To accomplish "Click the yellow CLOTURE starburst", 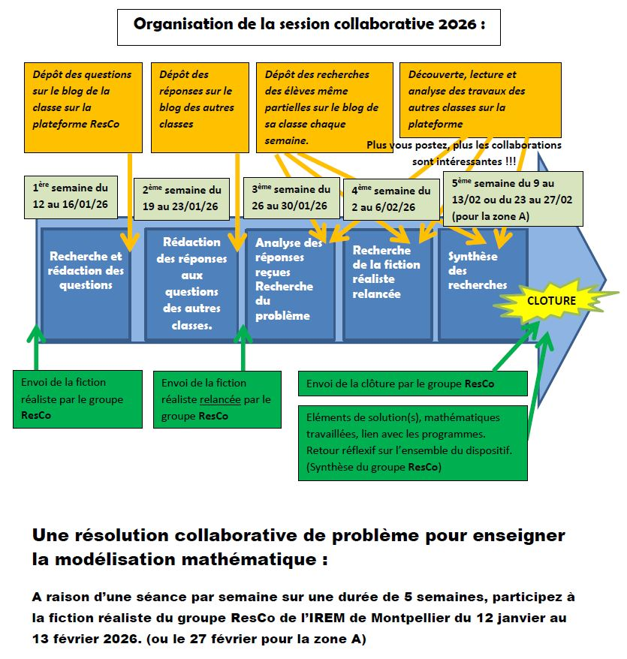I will pyautogui.click(x=552, y=301).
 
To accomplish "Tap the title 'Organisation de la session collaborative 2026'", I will pyautogui.click(x=309, y=25).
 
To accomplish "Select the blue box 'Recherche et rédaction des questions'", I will pyautogui.click(x=86, y=271).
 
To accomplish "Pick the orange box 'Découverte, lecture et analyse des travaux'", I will pyautogui.click(x=481, y=98).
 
